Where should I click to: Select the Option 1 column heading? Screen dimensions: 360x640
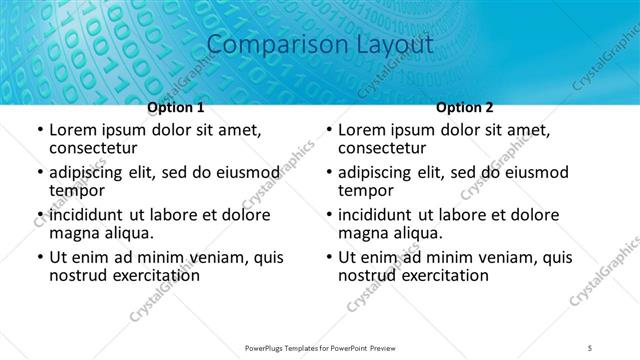click(176, 108)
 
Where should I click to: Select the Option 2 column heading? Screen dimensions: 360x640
click(465, 108)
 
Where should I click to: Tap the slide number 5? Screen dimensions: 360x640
click(590, 348)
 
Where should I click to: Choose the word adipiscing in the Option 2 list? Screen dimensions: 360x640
click(382, 172)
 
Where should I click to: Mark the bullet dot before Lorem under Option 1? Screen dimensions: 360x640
click(39, 130)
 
